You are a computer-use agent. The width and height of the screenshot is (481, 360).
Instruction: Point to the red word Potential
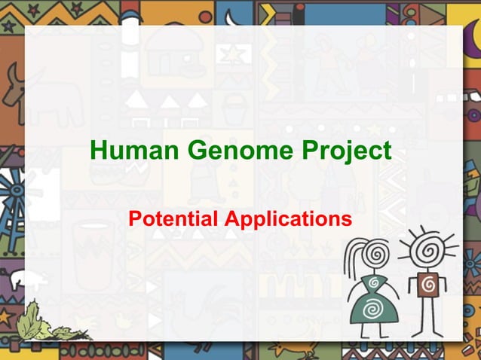tap(173, 219)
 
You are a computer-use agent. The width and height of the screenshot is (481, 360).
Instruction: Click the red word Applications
tap(290, 220)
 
